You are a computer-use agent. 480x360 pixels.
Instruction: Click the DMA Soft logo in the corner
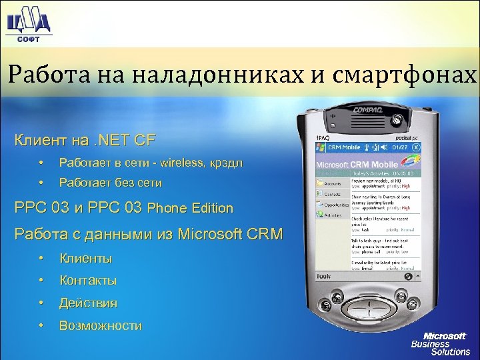[x=28, y=25]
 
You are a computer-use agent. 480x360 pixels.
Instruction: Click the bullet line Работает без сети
[x=110, y=182]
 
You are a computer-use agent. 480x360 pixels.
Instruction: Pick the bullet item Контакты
[x=88, y=281]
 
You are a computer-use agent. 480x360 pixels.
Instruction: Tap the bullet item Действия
[x=88, y=303]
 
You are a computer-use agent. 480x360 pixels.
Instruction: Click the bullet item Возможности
[x=100, y=326]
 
